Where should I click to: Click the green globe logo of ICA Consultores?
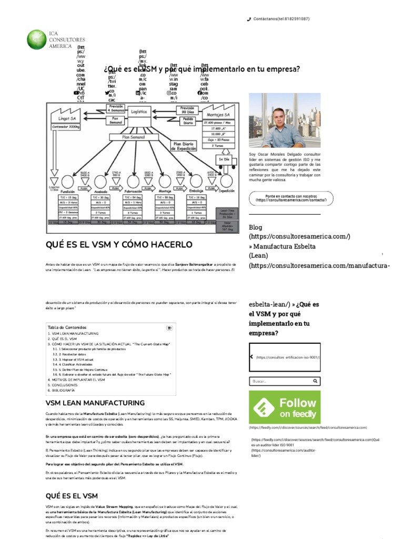click(x=37, y=40)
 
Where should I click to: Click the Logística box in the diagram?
click(x=138, y=112)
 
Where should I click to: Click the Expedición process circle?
click(x=226, y=182)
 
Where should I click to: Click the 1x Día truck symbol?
click(x=224, y=159)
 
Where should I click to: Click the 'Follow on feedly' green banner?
click(x=285, y=407)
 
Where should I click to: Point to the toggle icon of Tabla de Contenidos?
click(x=169, y=327)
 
